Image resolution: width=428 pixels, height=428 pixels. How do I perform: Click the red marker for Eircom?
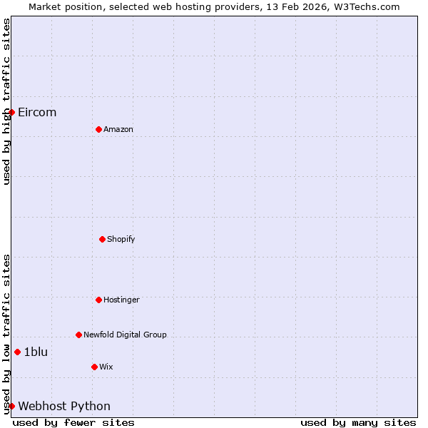(11, 112)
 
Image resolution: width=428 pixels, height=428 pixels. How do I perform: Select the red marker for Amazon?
(98, 129)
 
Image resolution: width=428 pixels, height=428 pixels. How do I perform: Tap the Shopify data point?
(102, 239)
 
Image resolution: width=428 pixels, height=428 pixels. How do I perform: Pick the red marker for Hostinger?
(98, 300)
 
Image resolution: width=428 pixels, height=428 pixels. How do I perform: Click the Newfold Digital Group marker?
(78, 335)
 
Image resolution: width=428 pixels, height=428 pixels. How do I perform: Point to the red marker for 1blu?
(17, 352)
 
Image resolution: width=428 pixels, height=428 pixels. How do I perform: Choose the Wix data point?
(94, 367)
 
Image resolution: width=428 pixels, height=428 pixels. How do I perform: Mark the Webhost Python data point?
(11, 406)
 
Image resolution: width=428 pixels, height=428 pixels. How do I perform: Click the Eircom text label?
(37, 113)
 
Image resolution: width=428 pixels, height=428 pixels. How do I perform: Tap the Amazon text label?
(118, 129)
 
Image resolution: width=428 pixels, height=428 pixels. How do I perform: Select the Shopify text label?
(121, 239)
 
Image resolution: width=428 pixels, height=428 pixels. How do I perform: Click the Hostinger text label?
(121, 300)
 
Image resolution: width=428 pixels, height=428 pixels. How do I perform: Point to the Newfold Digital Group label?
(125, 335)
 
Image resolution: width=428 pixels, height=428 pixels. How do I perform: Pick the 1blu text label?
(36, 352)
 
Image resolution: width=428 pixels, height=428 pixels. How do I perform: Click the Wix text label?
(106, 367)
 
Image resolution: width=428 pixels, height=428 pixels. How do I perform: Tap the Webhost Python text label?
(64, 407)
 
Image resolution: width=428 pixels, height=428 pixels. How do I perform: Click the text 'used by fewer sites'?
(73, 422)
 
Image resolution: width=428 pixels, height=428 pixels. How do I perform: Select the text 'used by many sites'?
(358, 422)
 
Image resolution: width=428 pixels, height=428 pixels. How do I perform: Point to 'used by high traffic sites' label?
(6, 101)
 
